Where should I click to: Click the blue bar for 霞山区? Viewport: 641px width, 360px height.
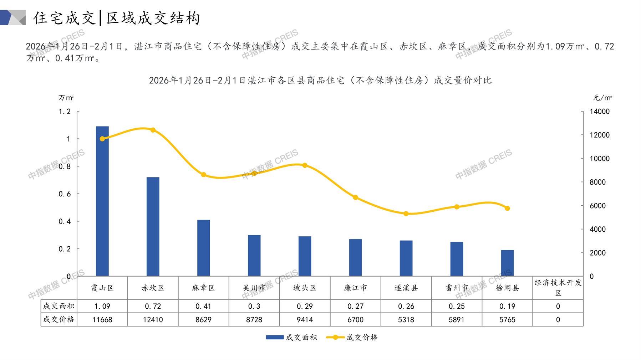[x=102, y=201]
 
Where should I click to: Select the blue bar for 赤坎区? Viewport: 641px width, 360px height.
[x=153, y=227]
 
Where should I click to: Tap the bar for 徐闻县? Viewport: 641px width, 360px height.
[x=507, y=263]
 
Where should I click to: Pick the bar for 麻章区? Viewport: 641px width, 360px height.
[x=204, y=248]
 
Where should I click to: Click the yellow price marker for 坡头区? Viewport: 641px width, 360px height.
[x=305, y=165]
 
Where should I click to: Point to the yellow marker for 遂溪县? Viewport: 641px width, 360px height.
[x=406, y=214]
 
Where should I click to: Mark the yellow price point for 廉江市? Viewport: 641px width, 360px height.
[x=355, y=197]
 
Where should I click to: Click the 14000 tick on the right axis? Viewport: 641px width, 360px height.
[x=599, y=112]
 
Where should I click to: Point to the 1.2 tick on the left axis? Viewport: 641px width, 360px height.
[x=65, y=112]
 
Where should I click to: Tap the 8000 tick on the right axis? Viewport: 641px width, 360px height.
[x=597, y=182]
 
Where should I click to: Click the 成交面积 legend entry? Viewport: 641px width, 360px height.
[x=291, y=337]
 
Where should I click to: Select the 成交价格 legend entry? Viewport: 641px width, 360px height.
[x=352, y=337]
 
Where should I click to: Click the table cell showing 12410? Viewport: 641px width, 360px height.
[x=153, y=320]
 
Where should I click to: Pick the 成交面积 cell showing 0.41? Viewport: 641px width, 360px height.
[x=204, y=306]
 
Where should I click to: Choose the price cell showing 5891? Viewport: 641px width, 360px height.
[x=457, y=320]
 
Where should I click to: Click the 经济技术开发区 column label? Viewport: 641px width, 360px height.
[x=558, y=288]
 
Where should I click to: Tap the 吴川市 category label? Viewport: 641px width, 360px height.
[x=254, y=288]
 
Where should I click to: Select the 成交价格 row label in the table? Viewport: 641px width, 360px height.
[x=59, y=320]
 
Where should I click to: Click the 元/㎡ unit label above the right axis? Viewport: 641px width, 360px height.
[x=602, y=98]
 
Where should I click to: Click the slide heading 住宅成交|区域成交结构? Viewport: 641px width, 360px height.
[x=117, y=18]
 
